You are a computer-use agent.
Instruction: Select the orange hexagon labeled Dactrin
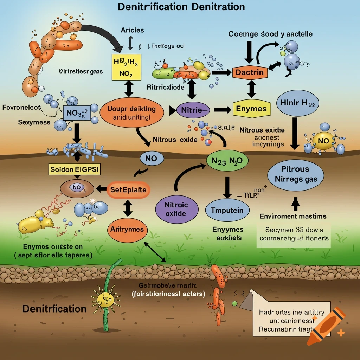point(250,73)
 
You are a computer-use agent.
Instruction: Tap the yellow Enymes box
point(252,109)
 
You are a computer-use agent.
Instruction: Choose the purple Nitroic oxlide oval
point(176,209)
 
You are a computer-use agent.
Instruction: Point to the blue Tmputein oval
point(227,211)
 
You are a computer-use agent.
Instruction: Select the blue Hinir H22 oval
point(299,103)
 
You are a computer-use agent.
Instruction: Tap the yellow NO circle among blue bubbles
point(323,141)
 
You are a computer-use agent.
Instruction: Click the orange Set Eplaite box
point(128,190)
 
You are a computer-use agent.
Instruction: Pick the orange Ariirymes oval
point(127,230)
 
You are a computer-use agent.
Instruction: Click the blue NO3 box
point(77,114)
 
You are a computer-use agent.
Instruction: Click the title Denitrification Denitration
point(181,7)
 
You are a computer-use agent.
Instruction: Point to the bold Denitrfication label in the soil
point(54,309)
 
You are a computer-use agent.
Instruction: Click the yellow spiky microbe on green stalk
point(104,299)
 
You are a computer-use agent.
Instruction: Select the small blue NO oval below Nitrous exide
point(152,159)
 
